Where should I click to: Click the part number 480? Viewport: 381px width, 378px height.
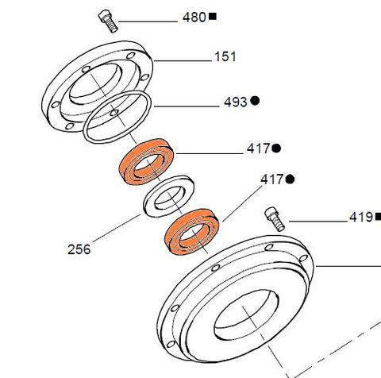(194, 17)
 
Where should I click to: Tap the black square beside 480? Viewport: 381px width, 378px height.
(212, 17)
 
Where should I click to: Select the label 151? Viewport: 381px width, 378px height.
(225, 57)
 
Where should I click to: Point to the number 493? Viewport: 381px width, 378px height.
(236, 102)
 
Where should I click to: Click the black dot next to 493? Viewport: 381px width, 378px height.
(256, 102)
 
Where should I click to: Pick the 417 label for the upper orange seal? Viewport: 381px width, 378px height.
(258, 148)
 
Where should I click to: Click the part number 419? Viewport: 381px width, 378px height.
(361, 216)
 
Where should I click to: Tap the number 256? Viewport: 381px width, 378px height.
(79, 249)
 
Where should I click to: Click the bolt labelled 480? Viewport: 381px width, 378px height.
(108, 20)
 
